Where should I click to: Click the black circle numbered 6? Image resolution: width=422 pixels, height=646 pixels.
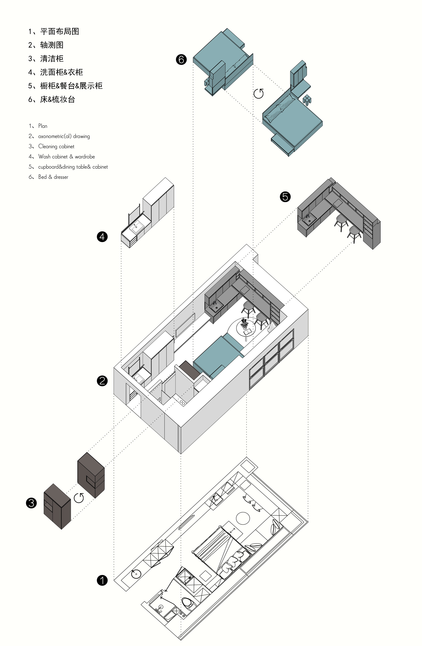pyautogui.click(x=181, y=59)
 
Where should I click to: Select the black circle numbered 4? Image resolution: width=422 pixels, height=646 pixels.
pyautogui.click(x=102, y=237)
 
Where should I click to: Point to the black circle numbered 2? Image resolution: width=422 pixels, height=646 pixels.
pyautogui.click(x=102, y=381)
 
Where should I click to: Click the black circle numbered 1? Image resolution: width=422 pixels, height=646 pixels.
pyautogui.click(x=102, y=581)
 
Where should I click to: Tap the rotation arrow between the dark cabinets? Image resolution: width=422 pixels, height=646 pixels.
pyautogui.click(x=79, y=498)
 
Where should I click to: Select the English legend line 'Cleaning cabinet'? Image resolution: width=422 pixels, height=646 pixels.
pyautogui.click(x=56, y=146)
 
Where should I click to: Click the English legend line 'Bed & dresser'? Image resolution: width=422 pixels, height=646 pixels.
pyautogui.click(x=53, y=177)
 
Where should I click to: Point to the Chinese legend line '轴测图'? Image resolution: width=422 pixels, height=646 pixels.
pyautogui.click(x=52, y=45)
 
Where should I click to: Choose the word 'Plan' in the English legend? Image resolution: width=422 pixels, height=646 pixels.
pyautogui.click(x=43, y=126)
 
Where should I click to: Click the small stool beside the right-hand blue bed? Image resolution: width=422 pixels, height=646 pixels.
pyautogui.click(x=307, y=100)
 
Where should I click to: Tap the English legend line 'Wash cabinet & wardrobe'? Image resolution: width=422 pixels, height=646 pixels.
pyautogui.click(x=67, y=157)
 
